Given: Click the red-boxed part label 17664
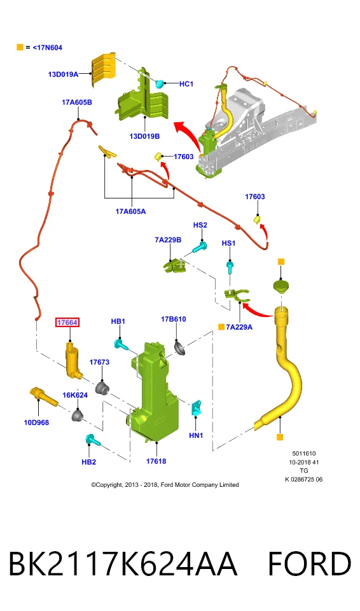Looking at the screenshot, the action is [x=67, y=322].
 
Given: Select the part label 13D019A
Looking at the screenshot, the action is [x=63, y=74].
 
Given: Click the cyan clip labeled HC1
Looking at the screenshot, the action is [x=159, y=83].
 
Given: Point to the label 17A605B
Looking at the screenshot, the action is [x=77, y=102].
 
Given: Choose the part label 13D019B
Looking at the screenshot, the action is [x=144, y=136].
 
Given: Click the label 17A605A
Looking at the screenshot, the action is [x=130, y=211].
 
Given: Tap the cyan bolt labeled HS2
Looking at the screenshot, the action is [x=200, y=247].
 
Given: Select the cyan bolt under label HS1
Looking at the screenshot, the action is [x=230, y=267].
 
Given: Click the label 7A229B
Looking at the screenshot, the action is [x=168, y=240].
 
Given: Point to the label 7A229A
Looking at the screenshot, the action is [x=239, y=327].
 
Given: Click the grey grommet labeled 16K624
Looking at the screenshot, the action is [x=78, y=416].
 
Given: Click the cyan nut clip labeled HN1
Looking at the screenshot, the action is [x=196, y=407].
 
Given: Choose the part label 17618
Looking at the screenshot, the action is [x=156, y=461].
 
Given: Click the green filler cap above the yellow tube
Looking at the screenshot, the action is [x=281, y=287].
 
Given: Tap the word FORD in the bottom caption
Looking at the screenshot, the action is [x=309, y=563].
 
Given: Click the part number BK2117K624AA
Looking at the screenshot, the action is [x=123, y=563].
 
